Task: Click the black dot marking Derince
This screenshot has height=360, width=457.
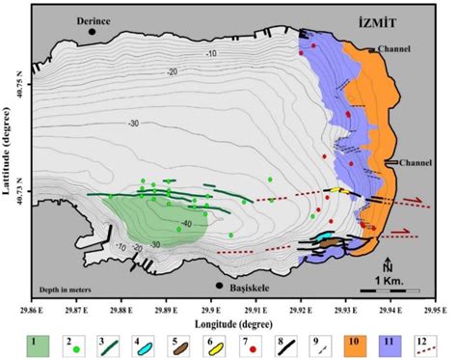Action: pyautogui.click(x=93, y=32)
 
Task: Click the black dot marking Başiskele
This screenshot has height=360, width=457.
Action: pyautogui.click(x=220, y=286)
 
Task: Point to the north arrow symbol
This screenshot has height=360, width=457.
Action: pyautogui.click(x=387, y=265)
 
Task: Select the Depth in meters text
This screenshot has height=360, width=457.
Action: pyautogui.click(x=69, y=288)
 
